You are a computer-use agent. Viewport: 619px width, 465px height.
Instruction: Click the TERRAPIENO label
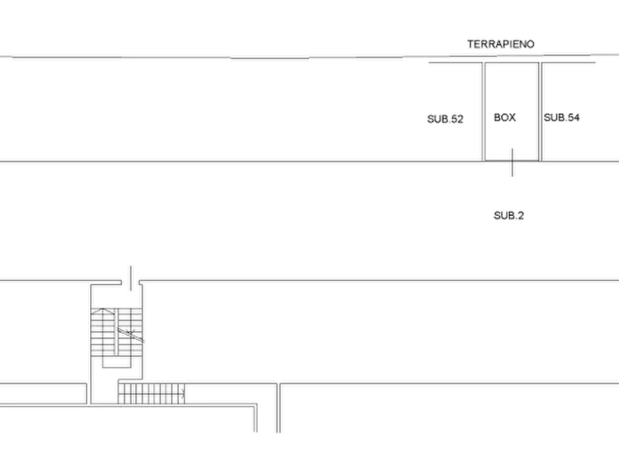[x=501, y=44]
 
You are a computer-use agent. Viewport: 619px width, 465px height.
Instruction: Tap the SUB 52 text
[x=444, y=119]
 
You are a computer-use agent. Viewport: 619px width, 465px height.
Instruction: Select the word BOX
[x=505, y=118]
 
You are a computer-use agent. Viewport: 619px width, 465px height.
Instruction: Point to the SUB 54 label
[x=561, y=118]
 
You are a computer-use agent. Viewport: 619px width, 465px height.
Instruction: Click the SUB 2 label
[x=509, y=216]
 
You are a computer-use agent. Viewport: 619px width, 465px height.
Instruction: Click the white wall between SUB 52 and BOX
[x=482, y=111]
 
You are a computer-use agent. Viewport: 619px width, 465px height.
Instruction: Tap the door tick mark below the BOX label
[x=510, y=162]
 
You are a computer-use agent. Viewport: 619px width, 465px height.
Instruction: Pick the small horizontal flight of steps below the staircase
[x=150, y=393]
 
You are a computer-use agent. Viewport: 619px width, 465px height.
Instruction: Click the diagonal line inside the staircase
[x=132, y=336]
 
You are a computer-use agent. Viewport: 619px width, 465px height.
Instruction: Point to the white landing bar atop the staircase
[x=116, y=303]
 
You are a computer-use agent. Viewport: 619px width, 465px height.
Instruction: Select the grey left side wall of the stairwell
[x=88, y=340]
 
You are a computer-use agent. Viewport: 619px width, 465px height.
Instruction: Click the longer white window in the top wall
[x=176, y=57]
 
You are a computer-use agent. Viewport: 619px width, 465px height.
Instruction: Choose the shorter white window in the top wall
[x=332, y=57]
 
